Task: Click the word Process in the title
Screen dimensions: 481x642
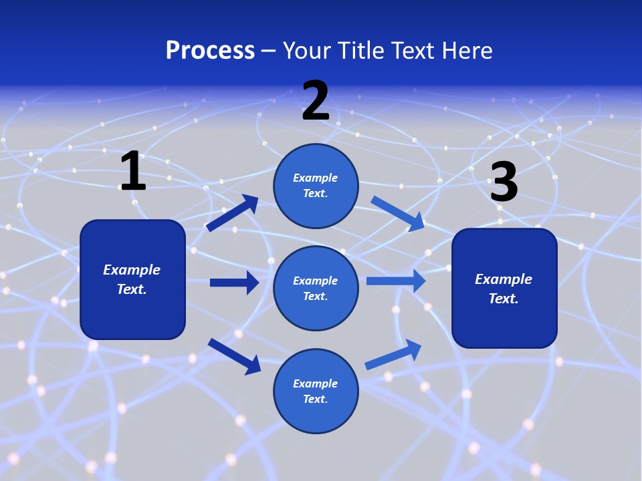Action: click(210, 50)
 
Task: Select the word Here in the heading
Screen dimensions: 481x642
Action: click(466, 50)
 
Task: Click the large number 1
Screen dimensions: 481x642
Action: click(133, 171)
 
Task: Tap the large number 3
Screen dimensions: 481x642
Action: click(504, 182)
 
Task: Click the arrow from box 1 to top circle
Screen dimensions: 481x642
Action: click(232, 213)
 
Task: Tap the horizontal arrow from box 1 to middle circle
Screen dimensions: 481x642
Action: click(234, 283)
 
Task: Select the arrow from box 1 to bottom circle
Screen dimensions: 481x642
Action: click(234, 356)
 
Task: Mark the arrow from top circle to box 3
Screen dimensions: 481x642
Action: click(398, 213)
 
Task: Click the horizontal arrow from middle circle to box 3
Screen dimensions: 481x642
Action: click(396, 281)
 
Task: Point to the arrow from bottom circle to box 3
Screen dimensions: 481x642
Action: click(394, 354)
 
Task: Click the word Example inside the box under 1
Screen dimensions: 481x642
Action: click(132, 270)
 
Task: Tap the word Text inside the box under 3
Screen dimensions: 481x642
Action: click(503, 299)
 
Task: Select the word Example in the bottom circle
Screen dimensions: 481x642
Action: click(315, 383)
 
